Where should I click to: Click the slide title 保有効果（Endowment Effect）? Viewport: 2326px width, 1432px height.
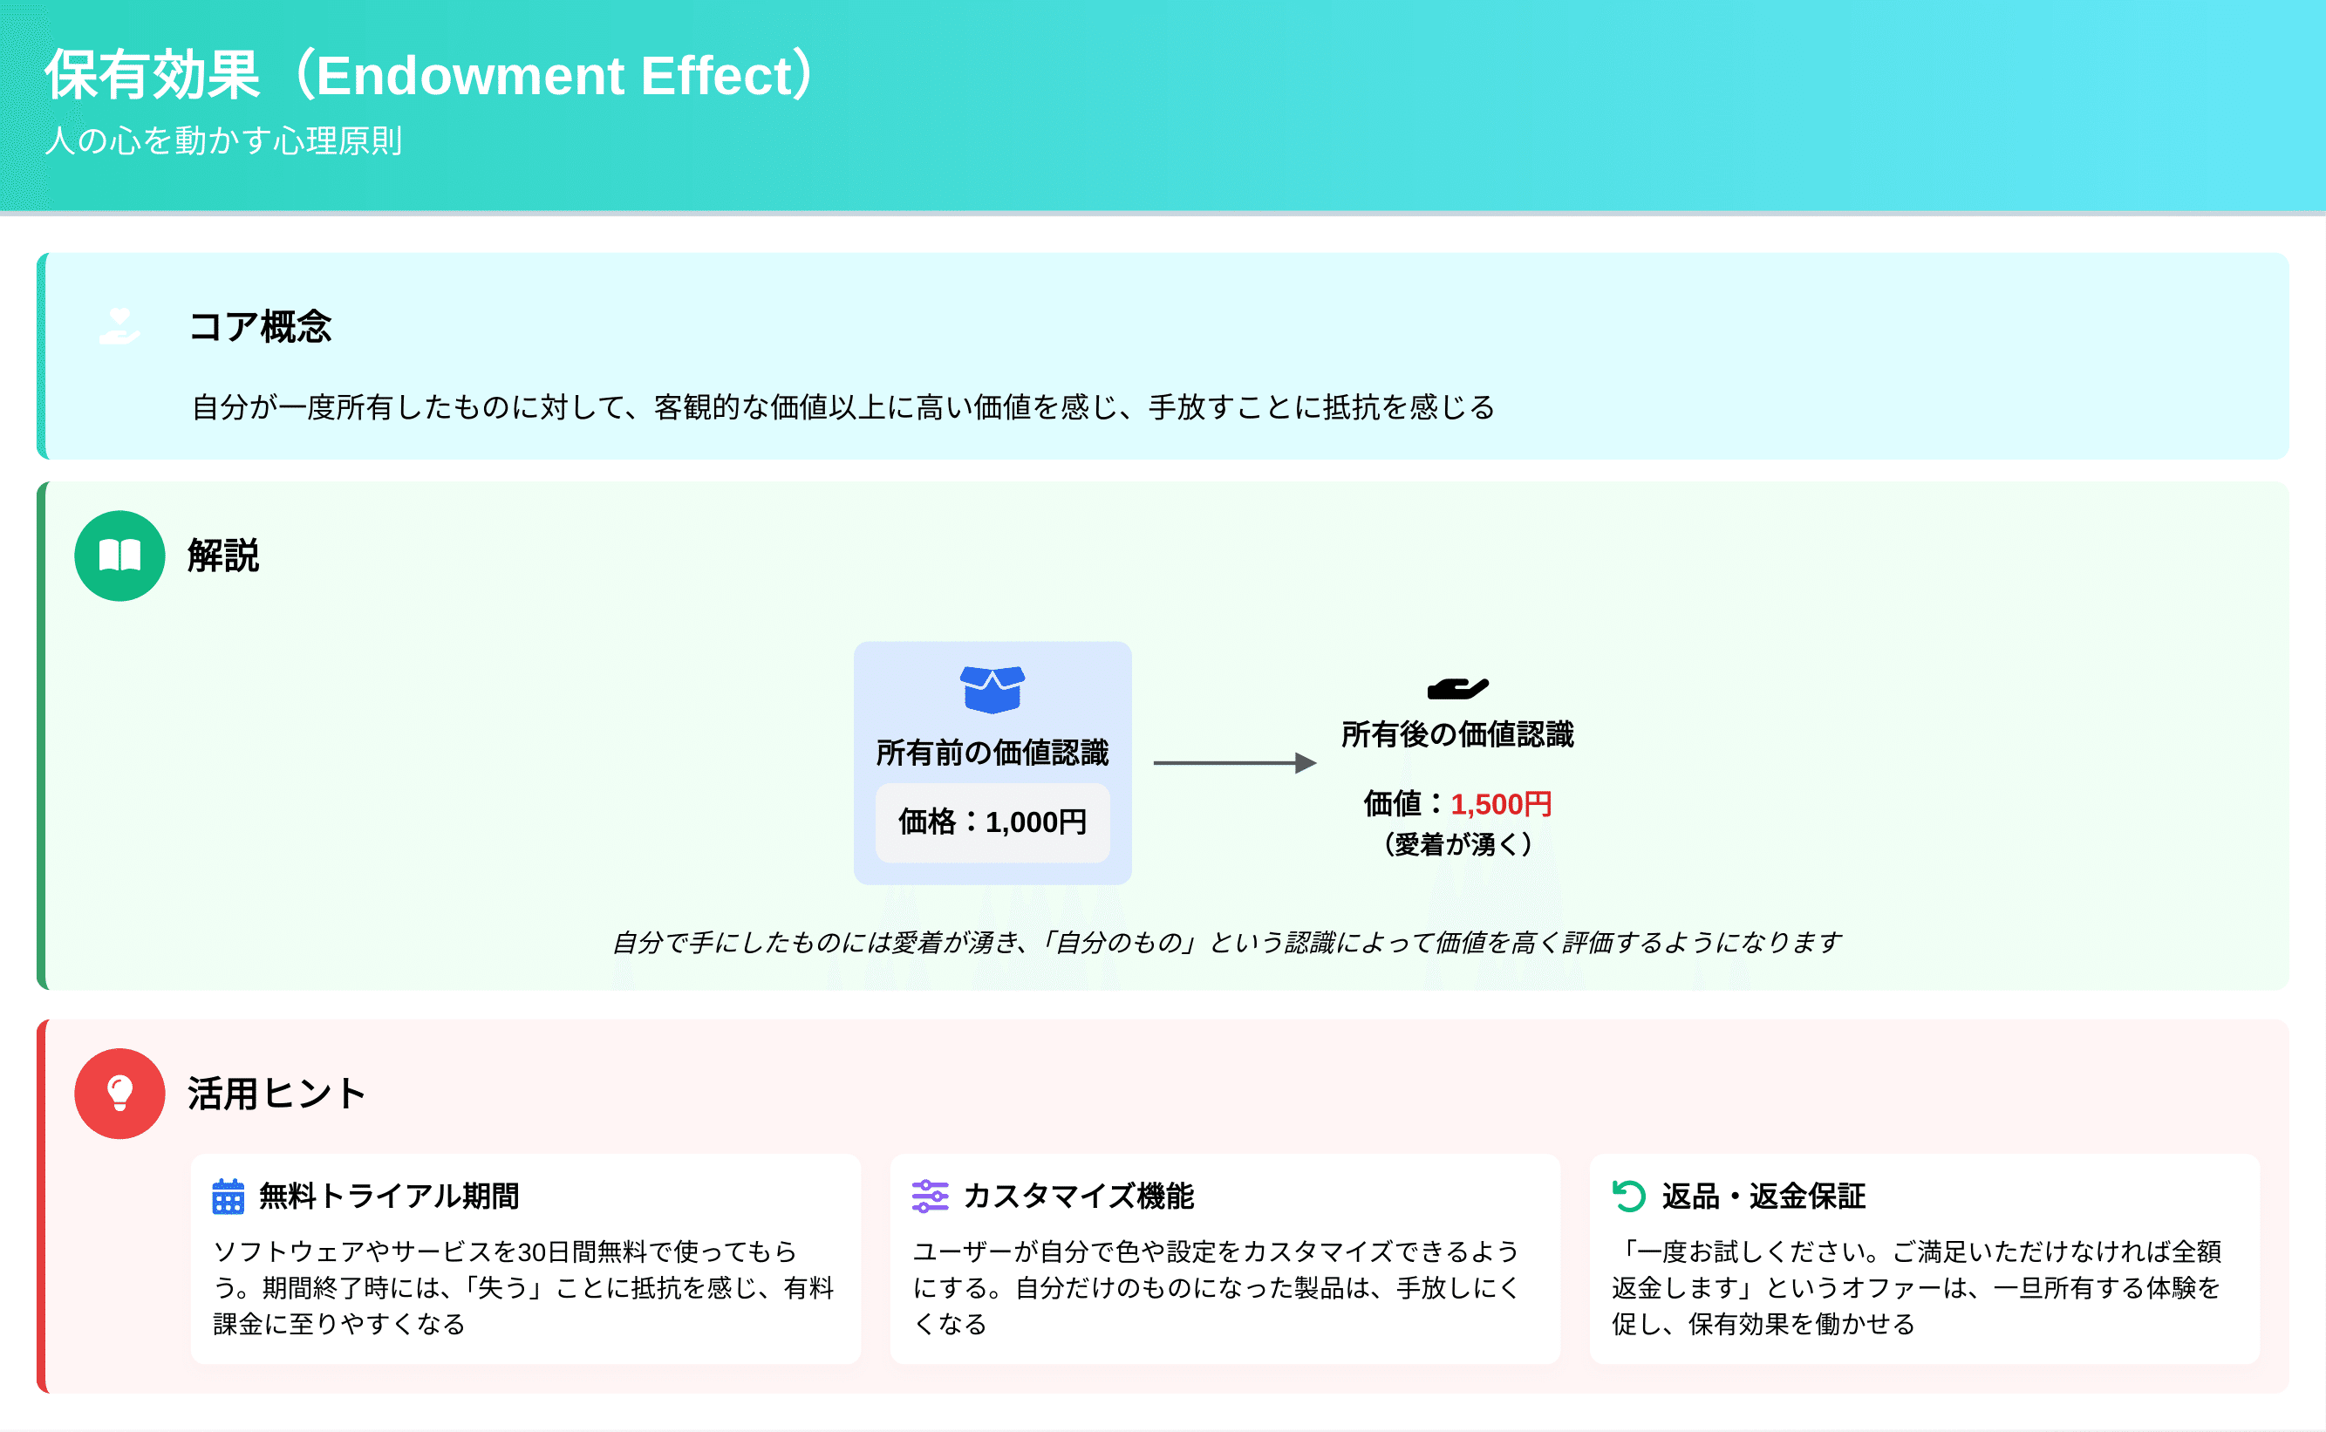click(x=430, y=76)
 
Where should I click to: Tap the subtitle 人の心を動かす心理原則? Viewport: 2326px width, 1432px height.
click(x=223, y=141)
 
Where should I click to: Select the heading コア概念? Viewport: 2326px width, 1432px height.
click(x=261, y=327)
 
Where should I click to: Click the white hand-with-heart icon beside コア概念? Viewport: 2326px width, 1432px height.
click(x=120, y=326)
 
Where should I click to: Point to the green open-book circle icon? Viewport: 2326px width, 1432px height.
click(x=120, y=556)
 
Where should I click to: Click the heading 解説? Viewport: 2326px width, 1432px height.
click(x=223, y=556)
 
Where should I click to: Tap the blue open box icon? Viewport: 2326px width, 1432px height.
click(x=992, y=689)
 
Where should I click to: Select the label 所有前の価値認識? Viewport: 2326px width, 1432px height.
click(x=992, y=753)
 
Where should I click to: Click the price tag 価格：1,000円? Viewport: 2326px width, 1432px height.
click(x=992, y=822)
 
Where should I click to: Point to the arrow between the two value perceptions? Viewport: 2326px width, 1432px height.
click(x=1234, y=763)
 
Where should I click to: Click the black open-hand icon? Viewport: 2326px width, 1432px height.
click(x=1457, y=689)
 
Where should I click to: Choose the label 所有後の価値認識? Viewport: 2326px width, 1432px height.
click(x=1457, y=735)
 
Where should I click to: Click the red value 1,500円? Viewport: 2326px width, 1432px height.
click(x=1501, y=805)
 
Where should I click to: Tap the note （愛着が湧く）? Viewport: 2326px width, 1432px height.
click(x=1457, y=844)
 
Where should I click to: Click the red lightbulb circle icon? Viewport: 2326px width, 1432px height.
click(x=120, y=1094)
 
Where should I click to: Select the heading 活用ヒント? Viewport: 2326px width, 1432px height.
click(x=276, y=1094)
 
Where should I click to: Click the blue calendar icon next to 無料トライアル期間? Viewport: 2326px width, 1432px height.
click(x=229, y=1197)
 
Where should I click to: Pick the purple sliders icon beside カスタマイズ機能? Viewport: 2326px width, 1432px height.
click(x=929, y=1197)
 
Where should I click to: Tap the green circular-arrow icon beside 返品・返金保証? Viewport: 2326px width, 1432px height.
click(x=1629, y=1197)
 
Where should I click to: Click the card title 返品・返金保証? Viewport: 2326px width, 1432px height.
click(x=1763, y=1197)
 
